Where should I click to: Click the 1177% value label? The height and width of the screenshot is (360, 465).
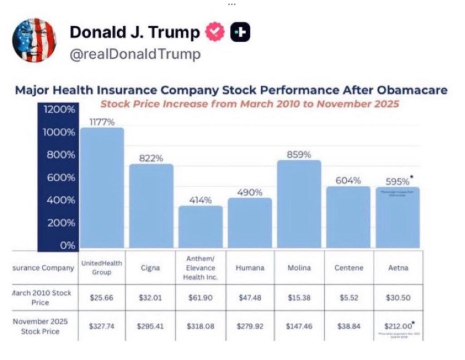coord(102,122)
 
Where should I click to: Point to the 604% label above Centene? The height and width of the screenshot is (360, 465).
coord(348,180)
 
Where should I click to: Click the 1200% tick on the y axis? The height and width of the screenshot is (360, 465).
coord(59,110)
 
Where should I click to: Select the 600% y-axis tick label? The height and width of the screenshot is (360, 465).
coord(59,178)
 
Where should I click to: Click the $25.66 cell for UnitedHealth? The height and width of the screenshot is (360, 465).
coord(102,298)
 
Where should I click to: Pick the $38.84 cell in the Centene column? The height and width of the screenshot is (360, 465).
coord(348,326)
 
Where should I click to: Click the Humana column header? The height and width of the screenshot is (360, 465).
coord(249,268)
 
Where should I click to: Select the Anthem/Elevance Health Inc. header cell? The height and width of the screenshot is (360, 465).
coord(200,268)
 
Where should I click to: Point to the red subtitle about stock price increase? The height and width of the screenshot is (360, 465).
coord(249,104)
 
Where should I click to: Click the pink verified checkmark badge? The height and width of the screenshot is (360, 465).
coord(215,32)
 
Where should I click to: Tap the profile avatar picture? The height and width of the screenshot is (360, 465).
coord(34,40)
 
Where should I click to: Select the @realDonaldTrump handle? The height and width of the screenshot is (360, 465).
coord(135,54)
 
